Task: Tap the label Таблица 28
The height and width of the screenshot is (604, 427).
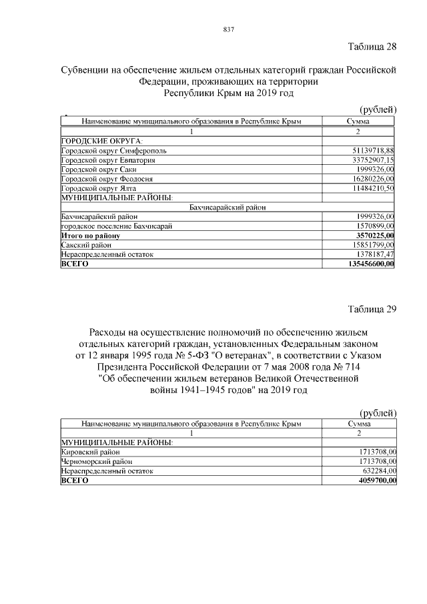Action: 372,47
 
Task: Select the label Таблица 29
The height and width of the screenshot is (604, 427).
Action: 372,308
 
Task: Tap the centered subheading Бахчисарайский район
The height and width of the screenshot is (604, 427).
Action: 228,208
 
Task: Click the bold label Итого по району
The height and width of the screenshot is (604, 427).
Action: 90,236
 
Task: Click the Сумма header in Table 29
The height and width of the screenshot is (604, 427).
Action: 359,423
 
